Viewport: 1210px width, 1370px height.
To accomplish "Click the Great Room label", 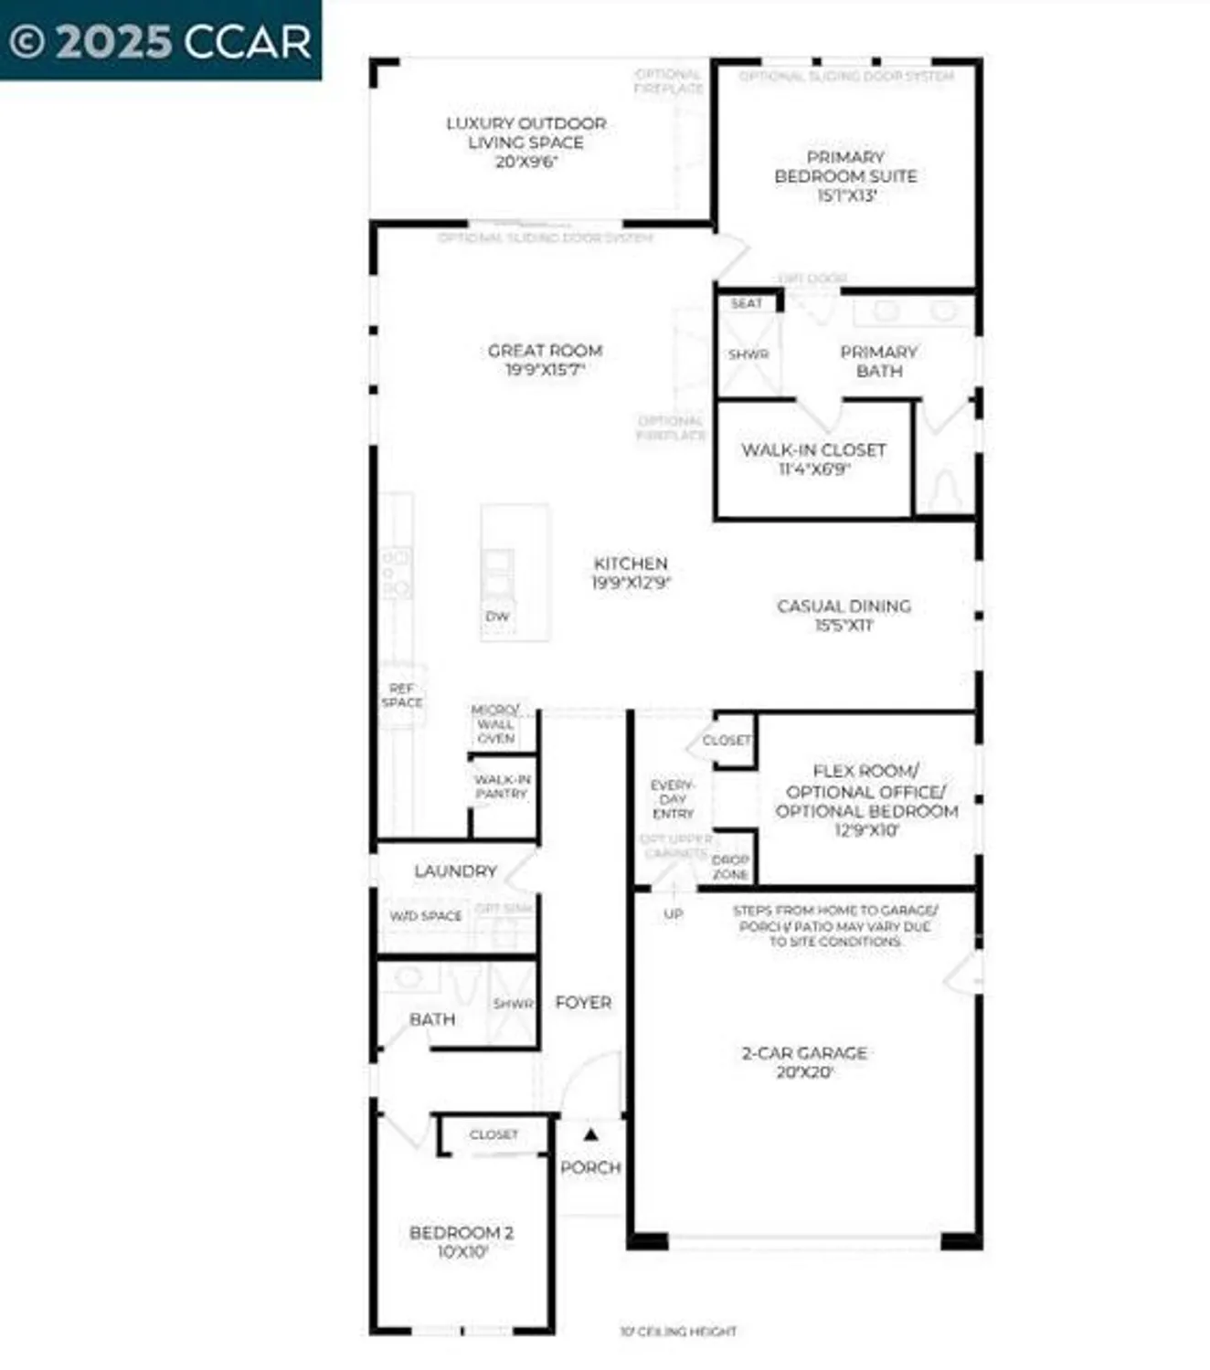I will point(545,351).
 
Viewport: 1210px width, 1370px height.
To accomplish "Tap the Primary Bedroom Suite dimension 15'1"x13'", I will point(846,195).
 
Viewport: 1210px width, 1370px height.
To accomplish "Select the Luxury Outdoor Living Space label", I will point(525,132).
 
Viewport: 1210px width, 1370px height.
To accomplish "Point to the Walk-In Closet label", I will point(813,450).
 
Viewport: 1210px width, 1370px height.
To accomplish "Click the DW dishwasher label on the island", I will point(497,616).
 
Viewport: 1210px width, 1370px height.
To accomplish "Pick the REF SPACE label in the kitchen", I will point(402,695).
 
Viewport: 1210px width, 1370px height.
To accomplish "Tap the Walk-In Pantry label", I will point(502,786).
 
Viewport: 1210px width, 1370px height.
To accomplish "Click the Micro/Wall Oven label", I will point(495,723).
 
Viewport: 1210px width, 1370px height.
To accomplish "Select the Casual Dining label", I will point(844,606).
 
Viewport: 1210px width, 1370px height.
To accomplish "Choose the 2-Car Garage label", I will point(804,1053).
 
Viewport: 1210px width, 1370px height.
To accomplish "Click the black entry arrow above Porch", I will point(591,1134).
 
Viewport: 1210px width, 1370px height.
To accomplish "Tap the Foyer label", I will point(583,1003).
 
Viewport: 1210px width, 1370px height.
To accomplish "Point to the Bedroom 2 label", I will point(462,1233).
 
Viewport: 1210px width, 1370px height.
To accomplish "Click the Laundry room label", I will point(455,871).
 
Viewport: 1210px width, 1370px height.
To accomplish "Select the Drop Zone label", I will point(730,867).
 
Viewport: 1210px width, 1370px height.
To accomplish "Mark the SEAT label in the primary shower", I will point(747,303).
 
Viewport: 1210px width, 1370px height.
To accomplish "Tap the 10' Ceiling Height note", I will point(678,1332).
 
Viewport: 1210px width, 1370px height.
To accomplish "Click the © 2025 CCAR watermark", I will point(160,41).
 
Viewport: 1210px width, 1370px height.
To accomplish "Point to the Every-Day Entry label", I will point(673,799).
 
